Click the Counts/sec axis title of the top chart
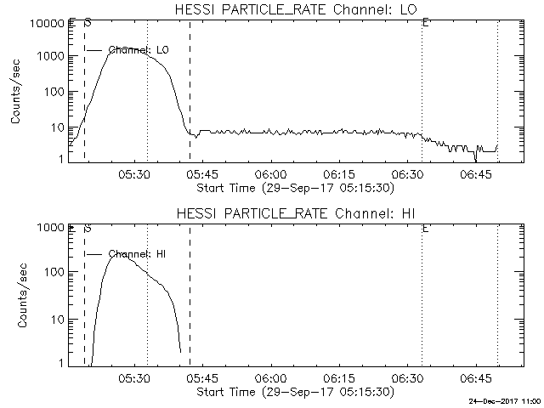17,92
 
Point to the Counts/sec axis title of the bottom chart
17,296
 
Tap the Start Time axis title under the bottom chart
294,392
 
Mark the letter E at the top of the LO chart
425,24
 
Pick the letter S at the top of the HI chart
88,228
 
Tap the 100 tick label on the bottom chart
53,272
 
